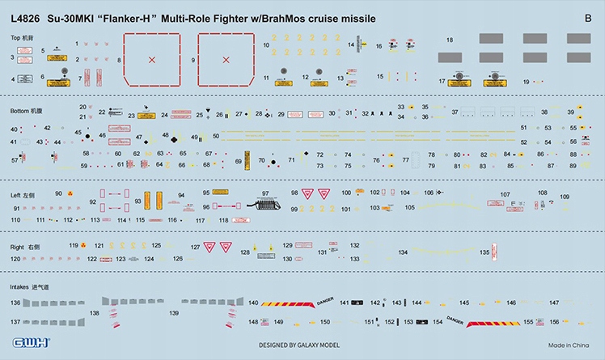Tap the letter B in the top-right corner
(x=587, y=17)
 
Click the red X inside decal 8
(x=151, y=59)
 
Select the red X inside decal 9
(x=226, y=59)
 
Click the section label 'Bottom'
(x=20, y=110)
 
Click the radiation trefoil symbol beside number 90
(x=70, y=194)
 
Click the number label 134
(x=403, y=253)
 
